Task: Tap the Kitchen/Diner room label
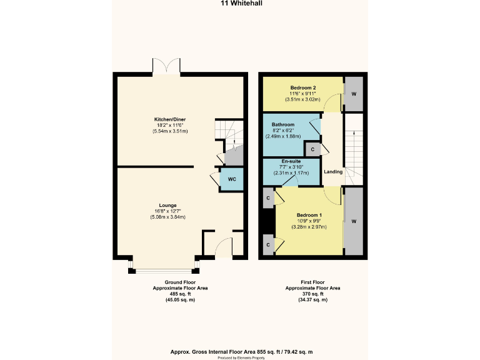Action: click(170, 119)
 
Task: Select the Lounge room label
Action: click(167, 205)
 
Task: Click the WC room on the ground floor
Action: click(231, 179)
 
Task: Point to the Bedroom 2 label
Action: click(303, 87)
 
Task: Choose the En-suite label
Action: click(291, 161)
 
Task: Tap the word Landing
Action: click(333, 172)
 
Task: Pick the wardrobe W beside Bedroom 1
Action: click(354, 221)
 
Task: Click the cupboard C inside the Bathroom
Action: click(312, 149)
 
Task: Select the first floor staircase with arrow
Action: click(354, 150)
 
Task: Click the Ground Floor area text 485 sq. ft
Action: click(180, 294)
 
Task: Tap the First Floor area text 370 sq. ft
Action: click(312, 294)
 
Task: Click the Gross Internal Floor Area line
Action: click(241, 352)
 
